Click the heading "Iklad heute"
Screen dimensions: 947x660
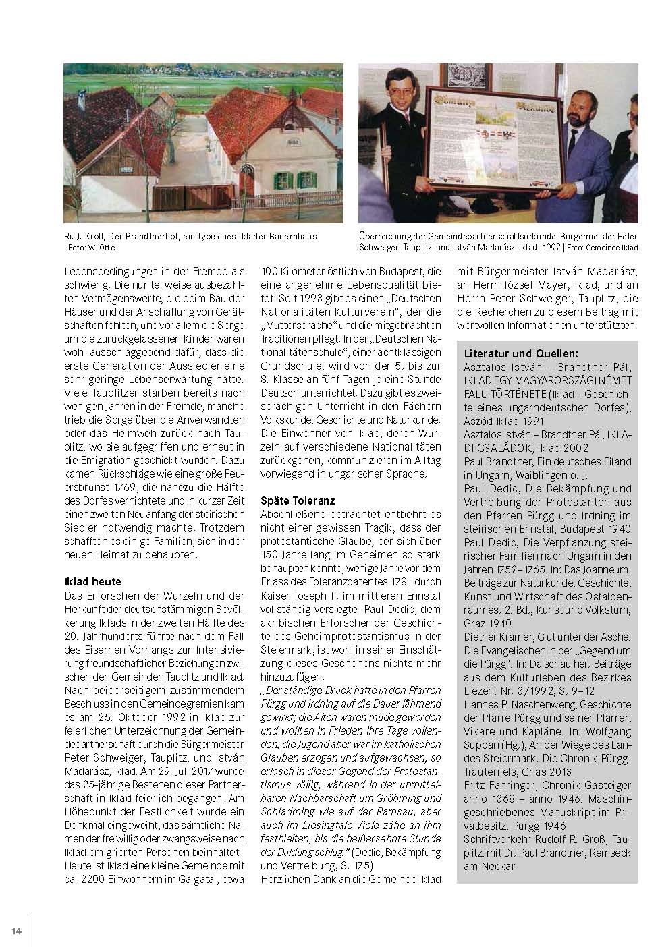point(92,581)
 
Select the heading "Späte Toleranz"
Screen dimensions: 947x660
point(298,500)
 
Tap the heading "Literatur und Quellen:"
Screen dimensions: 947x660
point(520,353)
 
